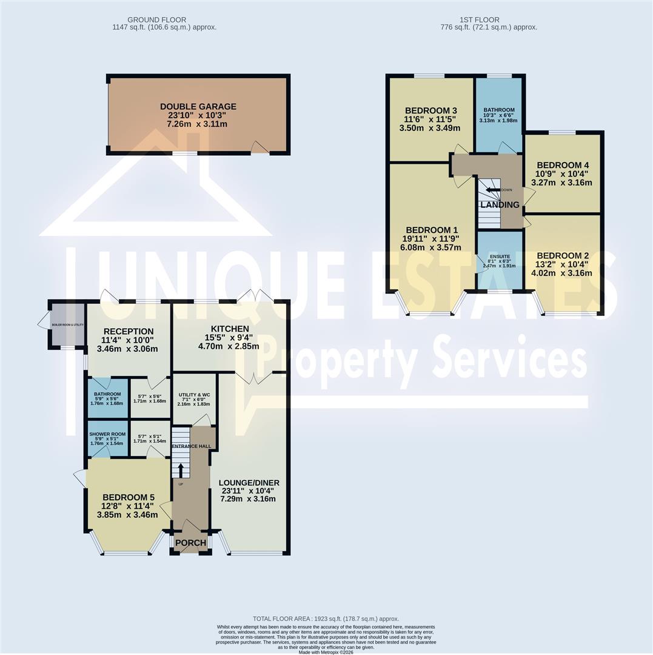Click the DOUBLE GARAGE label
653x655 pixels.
pos(198,107)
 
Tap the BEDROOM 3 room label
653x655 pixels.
pos(430,110)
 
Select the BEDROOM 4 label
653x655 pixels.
pos(563,165)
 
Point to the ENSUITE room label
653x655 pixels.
pos(499,258)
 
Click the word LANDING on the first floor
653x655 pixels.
pos(500,205)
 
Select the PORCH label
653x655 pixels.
pos(190,543)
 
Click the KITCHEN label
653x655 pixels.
pos(230,329)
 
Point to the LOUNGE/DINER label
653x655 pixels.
pos(249,483)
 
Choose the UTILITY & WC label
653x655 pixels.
pos(193,394)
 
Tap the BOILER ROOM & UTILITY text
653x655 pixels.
pos(67,325)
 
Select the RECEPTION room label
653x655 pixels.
pos(128,331)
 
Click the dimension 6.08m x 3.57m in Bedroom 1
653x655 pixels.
pos(431,247)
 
